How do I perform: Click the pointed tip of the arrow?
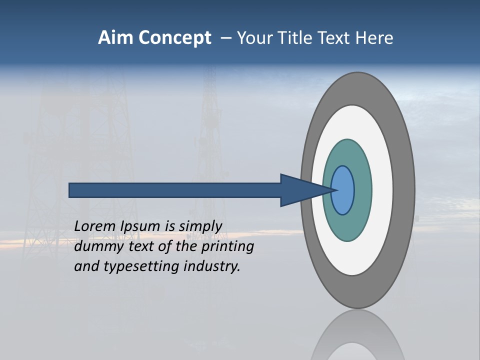coord(334,190)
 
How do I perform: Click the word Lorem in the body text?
coord(95,226)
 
